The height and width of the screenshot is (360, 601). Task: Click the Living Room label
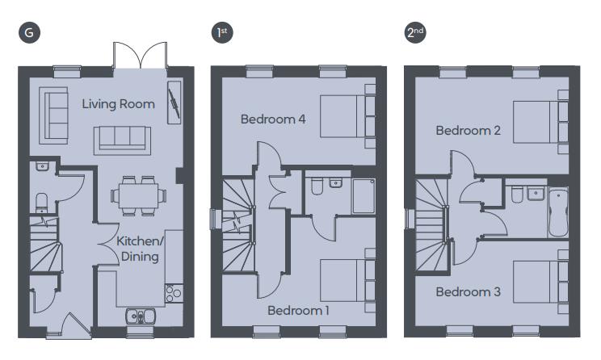click(x=119, y=104)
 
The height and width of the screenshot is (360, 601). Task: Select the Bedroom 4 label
click(x=273, y=119)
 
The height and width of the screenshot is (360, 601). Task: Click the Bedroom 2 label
click(x=469, y=130)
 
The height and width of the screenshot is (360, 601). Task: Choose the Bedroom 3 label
click(x=469, y=291)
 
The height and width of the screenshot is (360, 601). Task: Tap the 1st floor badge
click(x=219, y=33)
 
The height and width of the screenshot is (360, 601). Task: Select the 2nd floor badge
click(x=415, y=33)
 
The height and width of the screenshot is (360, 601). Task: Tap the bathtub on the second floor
click(x=559, y=211)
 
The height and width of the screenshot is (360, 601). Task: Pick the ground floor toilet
click(x=42, y=199)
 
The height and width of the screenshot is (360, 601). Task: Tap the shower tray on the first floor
click(x=364, y=196)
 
